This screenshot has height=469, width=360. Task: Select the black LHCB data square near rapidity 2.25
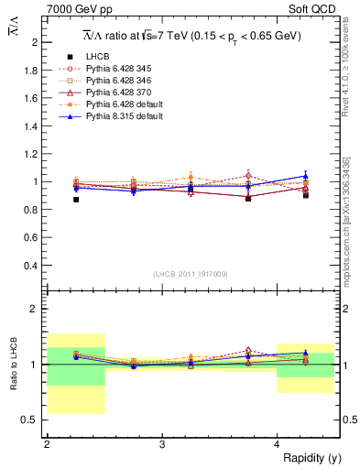click(76, 199)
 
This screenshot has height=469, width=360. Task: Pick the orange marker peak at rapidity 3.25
click(191, 177)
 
